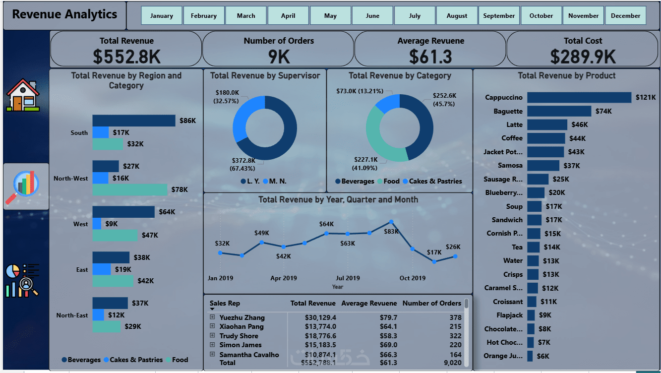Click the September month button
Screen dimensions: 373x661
coord(499,15)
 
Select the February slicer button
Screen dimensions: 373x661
coord(204,15)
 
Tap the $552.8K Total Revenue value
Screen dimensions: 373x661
coord(126,57)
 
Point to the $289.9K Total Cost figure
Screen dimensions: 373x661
coord(583,57)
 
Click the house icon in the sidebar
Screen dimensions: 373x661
coord(22,96)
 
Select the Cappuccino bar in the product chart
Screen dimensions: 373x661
coord(579,97)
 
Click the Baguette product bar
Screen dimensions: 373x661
coord(559,111)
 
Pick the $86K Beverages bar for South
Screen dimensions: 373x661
coord(133,121)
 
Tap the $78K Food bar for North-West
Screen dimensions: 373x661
coord(130,189)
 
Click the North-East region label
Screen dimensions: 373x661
coord(72,315)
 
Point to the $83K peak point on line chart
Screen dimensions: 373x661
coord(391,222)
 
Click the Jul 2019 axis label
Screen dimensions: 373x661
coord(348,278)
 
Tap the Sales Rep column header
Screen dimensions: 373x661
coord(225,303)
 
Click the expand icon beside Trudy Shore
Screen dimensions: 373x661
coord(212,335)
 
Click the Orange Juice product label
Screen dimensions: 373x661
coord(503,356)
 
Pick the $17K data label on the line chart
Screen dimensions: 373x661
coord(434,252)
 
